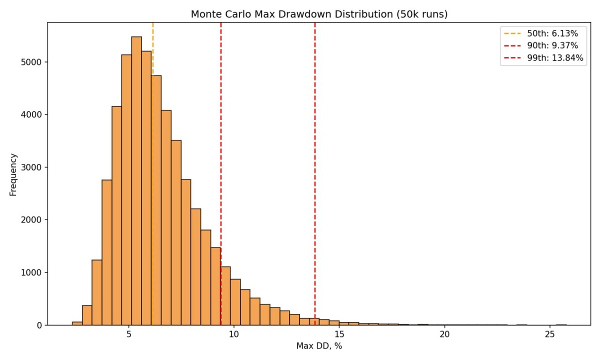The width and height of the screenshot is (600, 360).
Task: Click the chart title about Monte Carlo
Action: (319, 14)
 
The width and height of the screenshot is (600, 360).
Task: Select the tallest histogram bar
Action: (136, 180)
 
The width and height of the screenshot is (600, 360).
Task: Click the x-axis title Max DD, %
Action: (318, 346)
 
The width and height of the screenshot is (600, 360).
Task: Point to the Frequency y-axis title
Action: (13, 174)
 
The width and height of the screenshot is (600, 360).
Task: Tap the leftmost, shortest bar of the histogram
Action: (77, 323)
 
